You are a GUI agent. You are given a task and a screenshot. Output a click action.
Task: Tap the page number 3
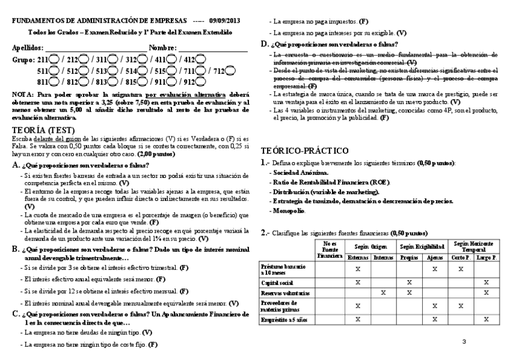(x=464, y=341)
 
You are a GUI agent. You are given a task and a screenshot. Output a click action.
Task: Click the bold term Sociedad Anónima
(x=291, y=172)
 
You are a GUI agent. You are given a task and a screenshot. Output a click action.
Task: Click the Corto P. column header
(x=459, y=257)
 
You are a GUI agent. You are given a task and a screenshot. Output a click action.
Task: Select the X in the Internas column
(x=383, y=293)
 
